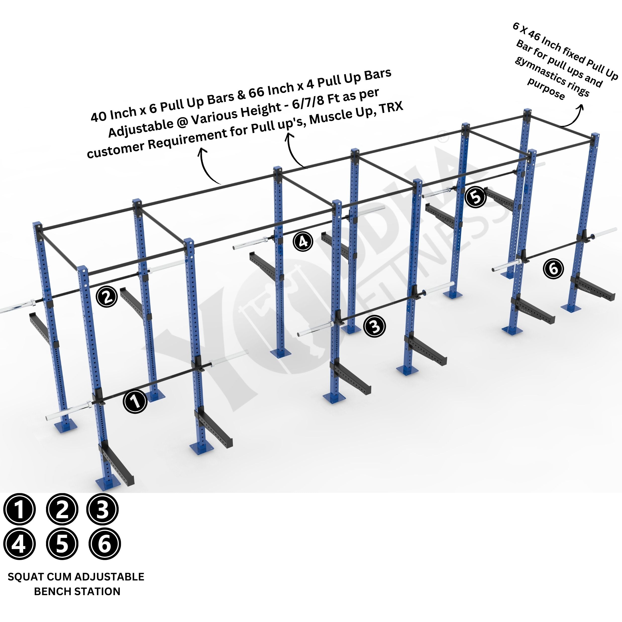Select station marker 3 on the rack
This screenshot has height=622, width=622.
click(x=374, y=326)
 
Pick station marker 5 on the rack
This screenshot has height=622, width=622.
click(x=475, y=197)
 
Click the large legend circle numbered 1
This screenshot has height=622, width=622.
click(x=19, y=510)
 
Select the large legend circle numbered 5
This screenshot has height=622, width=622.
click(x=62, y=544)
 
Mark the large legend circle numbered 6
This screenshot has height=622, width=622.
click(x=104, y=544)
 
